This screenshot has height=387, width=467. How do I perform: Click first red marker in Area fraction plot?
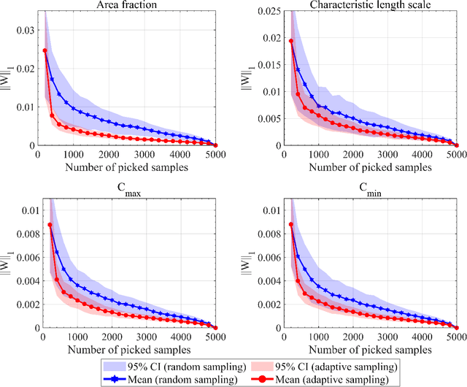tap(45, 51)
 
